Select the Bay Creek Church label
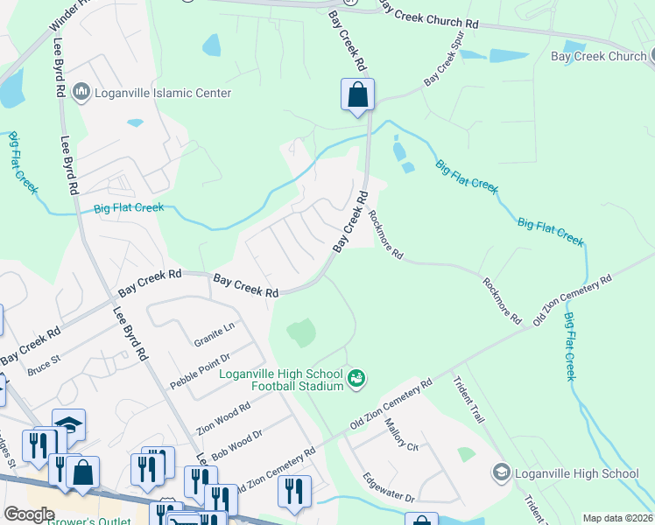tap(598, 56)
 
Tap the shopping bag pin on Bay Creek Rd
tap(357, 95)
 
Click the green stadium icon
tap(356, 379)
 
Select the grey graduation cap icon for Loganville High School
tap(502, 473)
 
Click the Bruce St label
tap(43, 365)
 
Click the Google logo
tap(29, 514)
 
